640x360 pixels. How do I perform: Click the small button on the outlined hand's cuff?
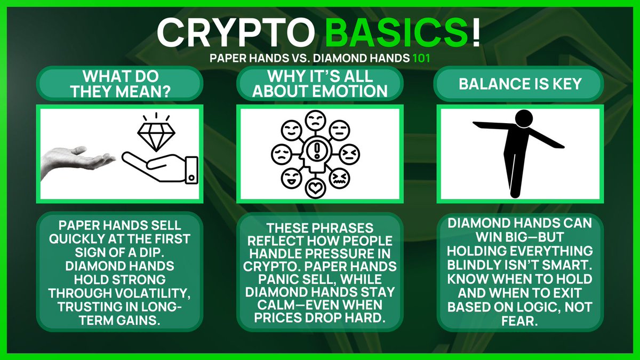coord(190,177)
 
